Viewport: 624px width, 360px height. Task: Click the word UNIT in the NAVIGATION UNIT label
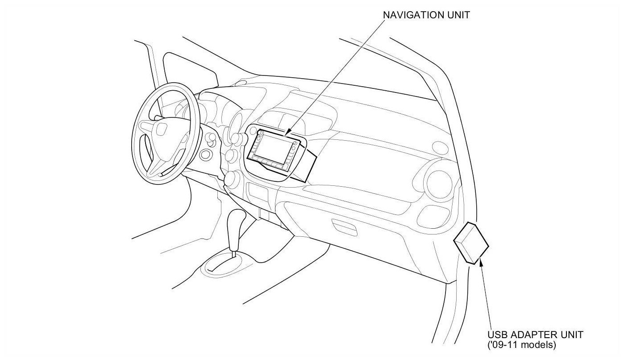(x=459, y=15)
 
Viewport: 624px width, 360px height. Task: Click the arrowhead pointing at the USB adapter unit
(x=481, y=264)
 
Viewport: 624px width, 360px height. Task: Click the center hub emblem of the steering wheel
(x=160, y=130)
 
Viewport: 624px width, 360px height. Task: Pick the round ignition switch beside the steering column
(x=206, y=155)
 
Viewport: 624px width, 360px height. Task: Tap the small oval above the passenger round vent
(x=440, y=147)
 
